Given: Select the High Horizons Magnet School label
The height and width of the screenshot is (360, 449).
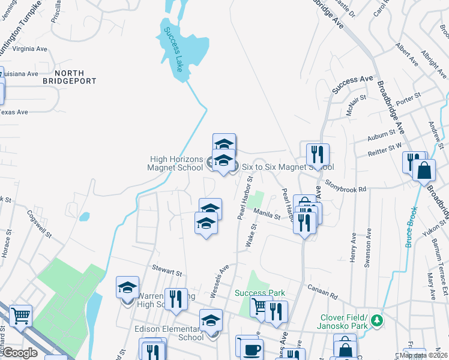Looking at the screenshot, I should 176,163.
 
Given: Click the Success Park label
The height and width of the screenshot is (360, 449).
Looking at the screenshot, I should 259,293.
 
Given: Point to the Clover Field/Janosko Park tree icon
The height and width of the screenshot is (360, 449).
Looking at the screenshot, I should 376,319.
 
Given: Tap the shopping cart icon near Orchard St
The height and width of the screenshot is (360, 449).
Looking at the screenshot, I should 21,314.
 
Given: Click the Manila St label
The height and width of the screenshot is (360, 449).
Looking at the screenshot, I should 267,214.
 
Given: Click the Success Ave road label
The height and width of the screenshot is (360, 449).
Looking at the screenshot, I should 353,87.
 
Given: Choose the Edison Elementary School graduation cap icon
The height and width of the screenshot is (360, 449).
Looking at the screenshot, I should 211,320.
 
